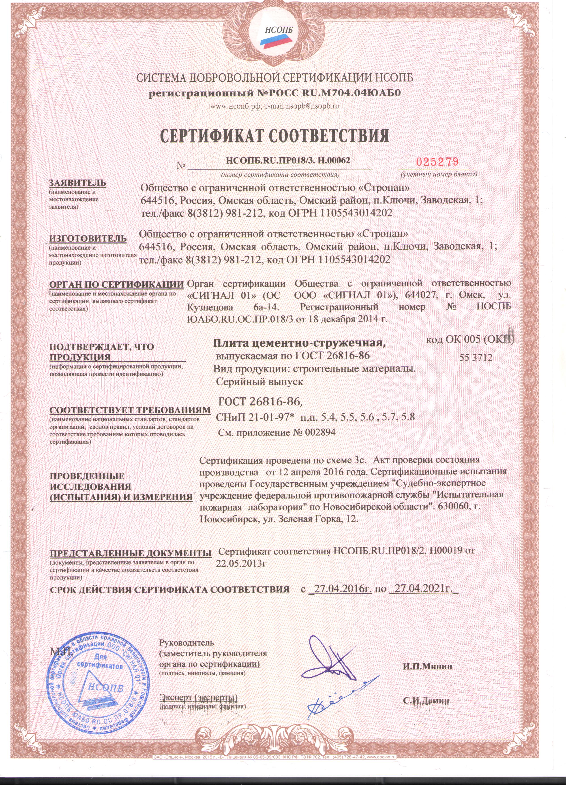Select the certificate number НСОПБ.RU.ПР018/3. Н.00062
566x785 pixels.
click(x=288, y=160)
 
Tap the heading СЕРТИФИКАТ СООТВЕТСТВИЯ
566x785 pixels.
click(x=276, y=136)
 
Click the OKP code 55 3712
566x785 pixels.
click(x=476, y=357)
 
